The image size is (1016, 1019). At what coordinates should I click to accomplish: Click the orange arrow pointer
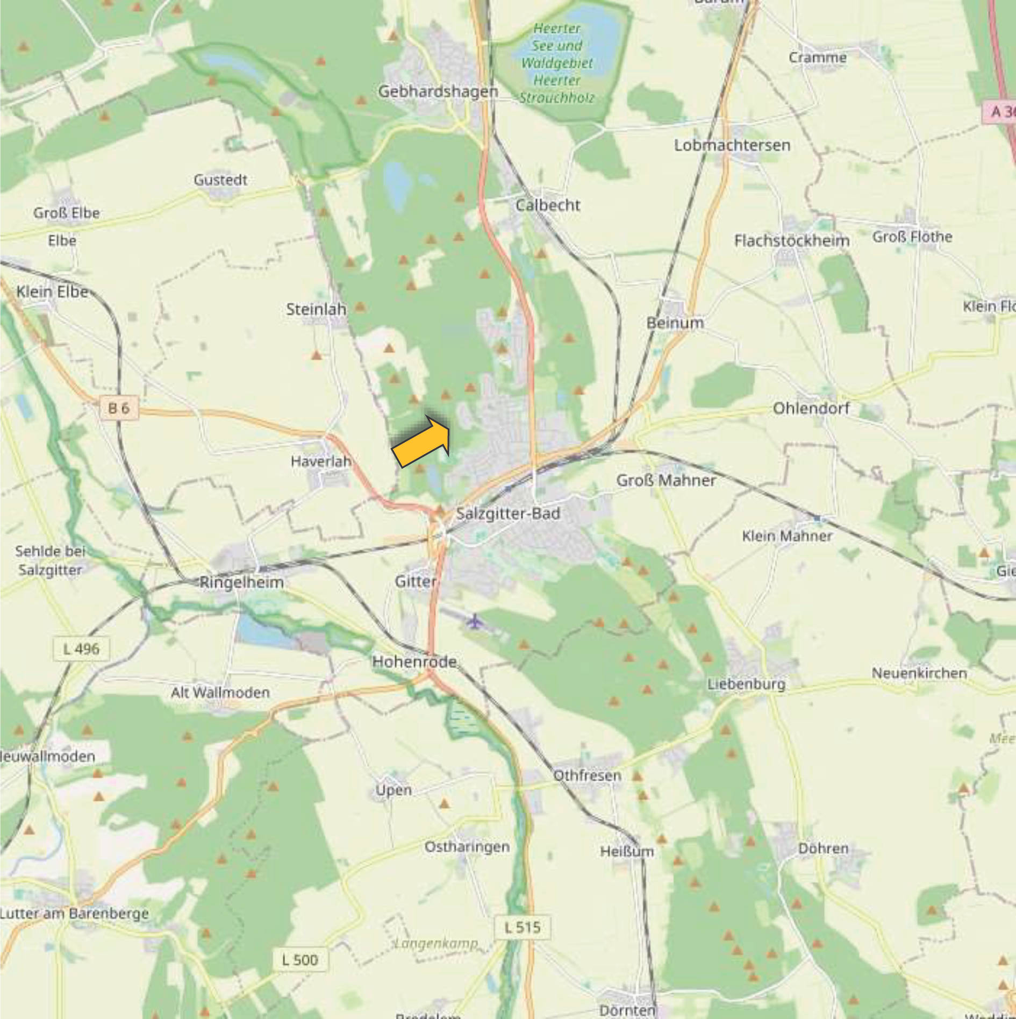pos(423,441)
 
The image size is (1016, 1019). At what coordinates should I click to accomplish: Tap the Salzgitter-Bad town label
pos(508,514)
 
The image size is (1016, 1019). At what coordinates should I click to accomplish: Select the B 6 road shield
pos(119,408)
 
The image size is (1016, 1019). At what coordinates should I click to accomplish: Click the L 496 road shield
pos(81,649)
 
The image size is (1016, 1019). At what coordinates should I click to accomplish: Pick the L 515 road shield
pos(523,927)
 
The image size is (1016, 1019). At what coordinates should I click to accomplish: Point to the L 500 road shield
pos(299,960)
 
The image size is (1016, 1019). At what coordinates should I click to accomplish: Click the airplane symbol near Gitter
pos(474,622)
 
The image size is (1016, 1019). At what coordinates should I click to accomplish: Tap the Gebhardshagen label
pos(438,91)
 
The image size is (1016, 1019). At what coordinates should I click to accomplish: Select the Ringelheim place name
pos(241,582)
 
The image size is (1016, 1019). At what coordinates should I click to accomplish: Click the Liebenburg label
pos(746,684)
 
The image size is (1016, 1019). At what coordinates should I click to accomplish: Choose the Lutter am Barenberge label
pos(74,913)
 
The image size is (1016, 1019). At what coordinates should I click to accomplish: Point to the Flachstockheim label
pos(792,240)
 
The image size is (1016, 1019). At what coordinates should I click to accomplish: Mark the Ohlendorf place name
pos(811,408)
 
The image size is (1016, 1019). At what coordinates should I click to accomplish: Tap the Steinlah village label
pos(316,309)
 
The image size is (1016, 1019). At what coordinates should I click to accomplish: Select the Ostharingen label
pos(467,847)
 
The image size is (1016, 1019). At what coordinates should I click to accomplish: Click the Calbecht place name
pos(548,205)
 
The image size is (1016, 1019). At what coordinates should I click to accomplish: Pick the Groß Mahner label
pos(666,480)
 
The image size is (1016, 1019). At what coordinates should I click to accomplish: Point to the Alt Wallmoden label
pos(220,692)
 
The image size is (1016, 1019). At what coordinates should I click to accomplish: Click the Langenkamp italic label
pos(436,943)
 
